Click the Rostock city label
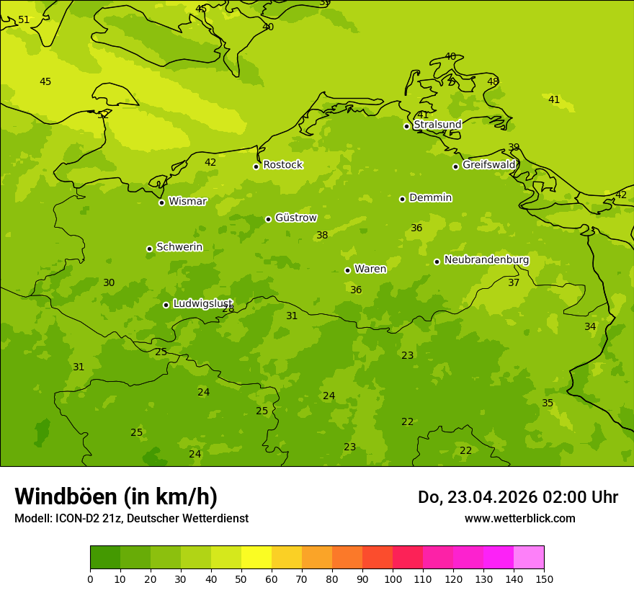282,165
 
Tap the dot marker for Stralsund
406,126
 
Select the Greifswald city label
489,165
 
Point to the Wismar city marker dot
161,202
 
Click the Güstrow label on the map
295,218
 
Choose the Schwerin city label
179,247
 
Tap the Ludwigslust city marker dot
166,305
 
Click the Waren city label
370,269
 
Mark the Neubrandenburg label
486,260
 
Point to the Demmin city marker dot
402,199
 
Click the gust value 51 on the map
24,20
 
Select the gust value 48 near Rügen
493,81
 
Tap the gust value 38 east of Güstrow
322,236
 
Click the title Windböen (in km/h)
116,496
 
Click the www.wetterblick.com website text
519,518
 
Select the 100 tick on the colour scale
393,579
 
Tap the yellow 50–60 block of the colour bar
256,558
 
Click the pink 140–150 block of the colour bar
529,558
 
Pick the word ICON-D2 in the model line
77,518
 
